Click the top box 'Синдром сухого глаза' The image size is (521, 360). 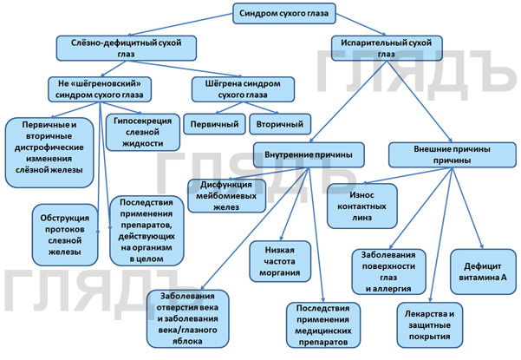coord(285,13)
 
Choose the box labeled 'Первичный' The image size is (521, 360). coord(214,125)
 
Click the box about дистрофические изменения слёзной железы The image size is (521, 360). coord(49,146)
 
